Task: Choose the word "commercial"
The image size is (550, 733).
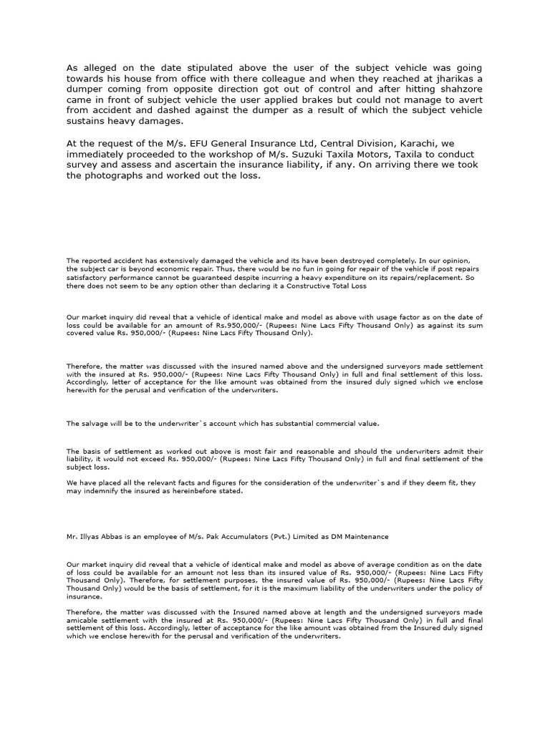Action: point(312,424)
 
